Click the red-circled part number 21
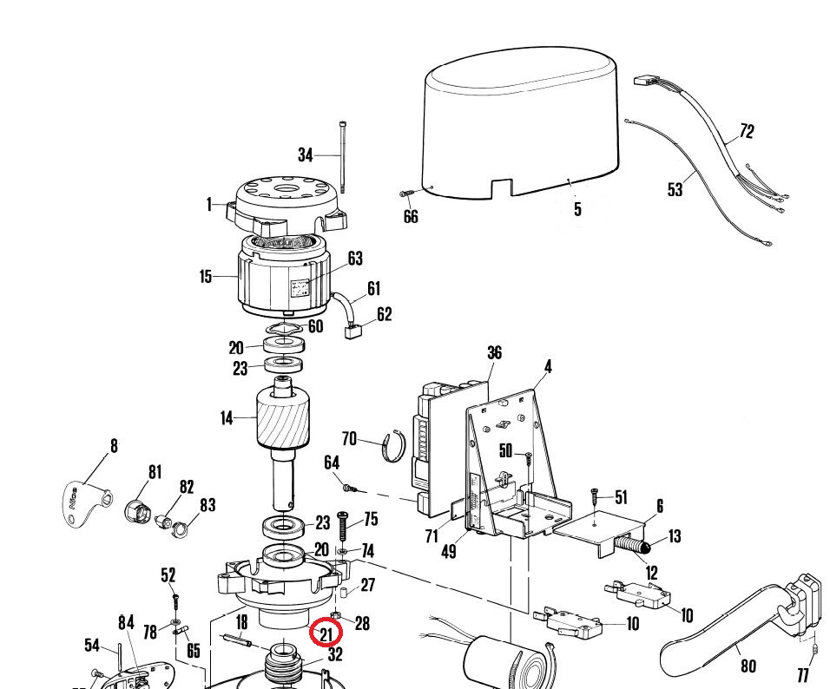point(326,633)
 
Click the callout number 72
point(746,131)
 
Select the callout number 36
point(494,352)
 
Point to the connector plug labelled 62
point(354,330)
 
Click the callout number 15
point(206,277)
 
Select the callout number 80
point(748,666)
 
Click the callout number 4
point(548,367)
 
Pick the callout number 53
point(675,188)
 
